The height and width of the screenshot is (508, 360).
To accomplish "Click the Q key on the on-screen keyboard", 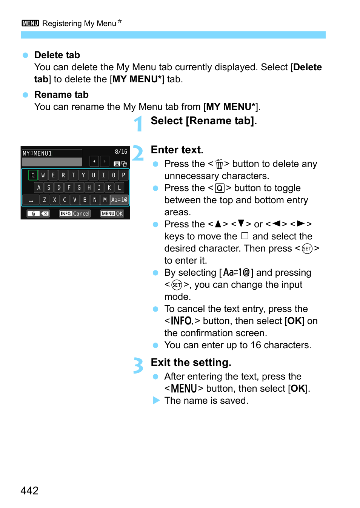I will click(x=33, y=175).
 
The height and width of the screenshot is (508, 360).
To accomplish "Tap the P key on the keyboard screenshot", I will click(x=123, y=175).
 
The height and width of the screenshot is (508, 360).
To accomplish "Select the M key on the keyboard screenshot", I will click(x=105, y=199).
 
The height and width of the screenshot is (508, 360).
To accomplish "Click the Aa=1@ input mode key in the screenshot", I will click(x=119, y=199).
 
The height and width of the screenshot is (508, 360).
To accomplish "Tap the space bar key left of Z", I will click(x=31, y=199).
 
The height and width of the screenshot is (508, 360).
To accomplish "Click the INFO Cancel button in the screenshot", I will click(x=75, y=213).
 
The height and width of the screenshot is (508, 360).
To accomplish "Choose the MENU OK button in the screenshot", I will click(x=112, y=213).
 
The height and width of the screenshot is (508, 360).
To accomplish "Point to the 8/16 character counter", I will click(x=121, y=151).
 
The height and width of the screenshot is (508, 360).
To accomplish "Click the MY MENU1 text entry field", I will click(x=52, y=153).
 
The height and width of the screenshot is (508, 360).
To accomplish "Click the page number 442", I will click(x=29, y=490).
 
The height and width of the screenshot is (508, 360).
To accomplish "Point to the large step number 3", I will click(x=138, y=366).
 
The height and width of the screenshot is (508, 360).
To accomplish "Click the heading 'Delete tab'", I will click(x=57, y=55).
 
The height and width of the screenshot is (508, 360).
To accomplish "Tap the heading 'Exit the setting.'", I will click(x=191, y=363).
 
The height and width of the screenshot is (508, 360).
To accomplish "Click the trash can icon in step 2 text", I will click(x=219, y=164).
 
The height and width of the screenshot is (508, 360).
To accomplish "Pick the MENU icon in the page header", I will click(x=30, y=23).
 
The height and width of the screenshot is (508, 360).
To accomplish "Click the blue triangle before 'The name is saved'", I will click(x=156, y=400).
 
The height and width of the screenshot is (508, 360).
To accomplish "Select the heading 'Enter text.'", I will click(x=177, y=150).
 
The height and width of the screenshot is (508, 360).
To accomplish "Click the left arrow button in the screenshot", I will click(x=94, y=161).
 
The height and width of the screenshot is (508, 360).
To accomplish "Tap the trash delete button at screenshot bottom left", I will click(x=38, y=213).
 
